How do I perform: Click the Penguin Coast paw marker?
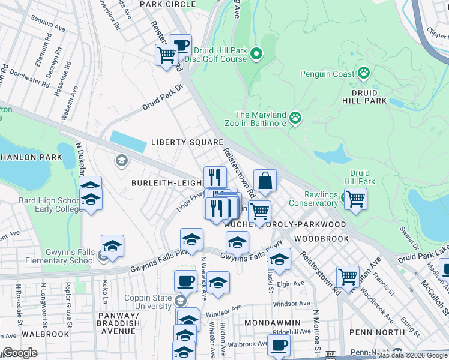[x=364, y=73]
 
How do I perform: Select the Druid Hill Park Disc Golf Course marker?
[x=256, y=55]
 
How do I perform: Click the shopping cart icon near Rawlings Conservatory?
[x=355, y=199]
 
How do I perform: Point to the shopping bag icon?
[x=265, y=179]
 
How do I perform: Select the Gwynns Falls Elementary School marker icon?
[x=103, y=259]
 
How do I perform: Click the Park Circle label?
[x=167, y=4]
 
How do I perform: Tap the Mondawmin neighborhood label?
[x=268, y=322]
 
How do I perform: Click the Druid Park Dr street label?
[x=162, y=100]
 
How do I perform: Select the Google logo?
[x=20, y=353]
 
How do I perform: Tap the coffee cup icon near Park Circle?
[x=180, y=45]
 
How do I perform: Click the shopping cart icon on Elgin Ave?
[x=348, y=277]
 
